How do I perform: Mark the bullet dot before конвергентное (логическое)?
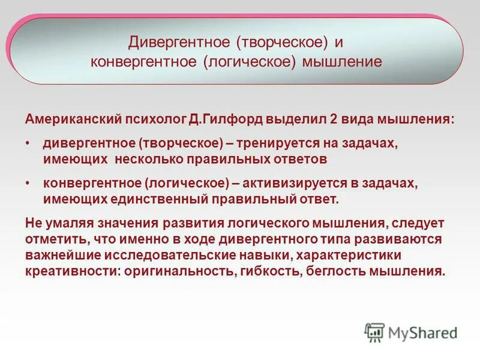(28, 184)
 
